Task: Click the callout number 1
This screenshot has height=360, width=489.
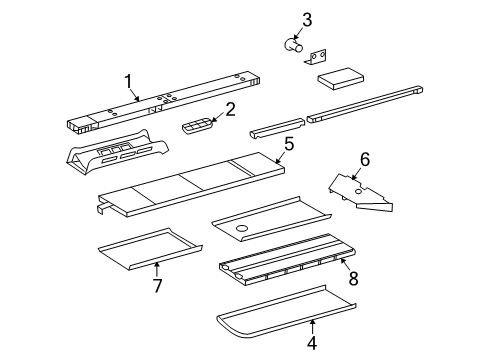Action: [x=128, y=81]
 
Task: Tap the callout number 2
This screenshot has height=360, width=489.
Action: [x=230, y=109]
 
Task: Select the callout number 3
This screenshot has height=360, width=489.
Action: [x=279, y=19]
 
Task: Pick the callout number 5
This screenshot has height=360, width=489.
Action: [x=288, y=144]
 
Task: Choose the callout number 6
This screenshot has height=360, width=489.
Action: [x=365, y=158]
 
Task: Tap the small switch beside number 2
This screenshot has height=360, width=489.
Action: [x=197, y=125]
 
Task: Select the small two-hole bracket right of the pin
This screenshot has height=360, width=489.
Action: [x=319, y=58]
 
